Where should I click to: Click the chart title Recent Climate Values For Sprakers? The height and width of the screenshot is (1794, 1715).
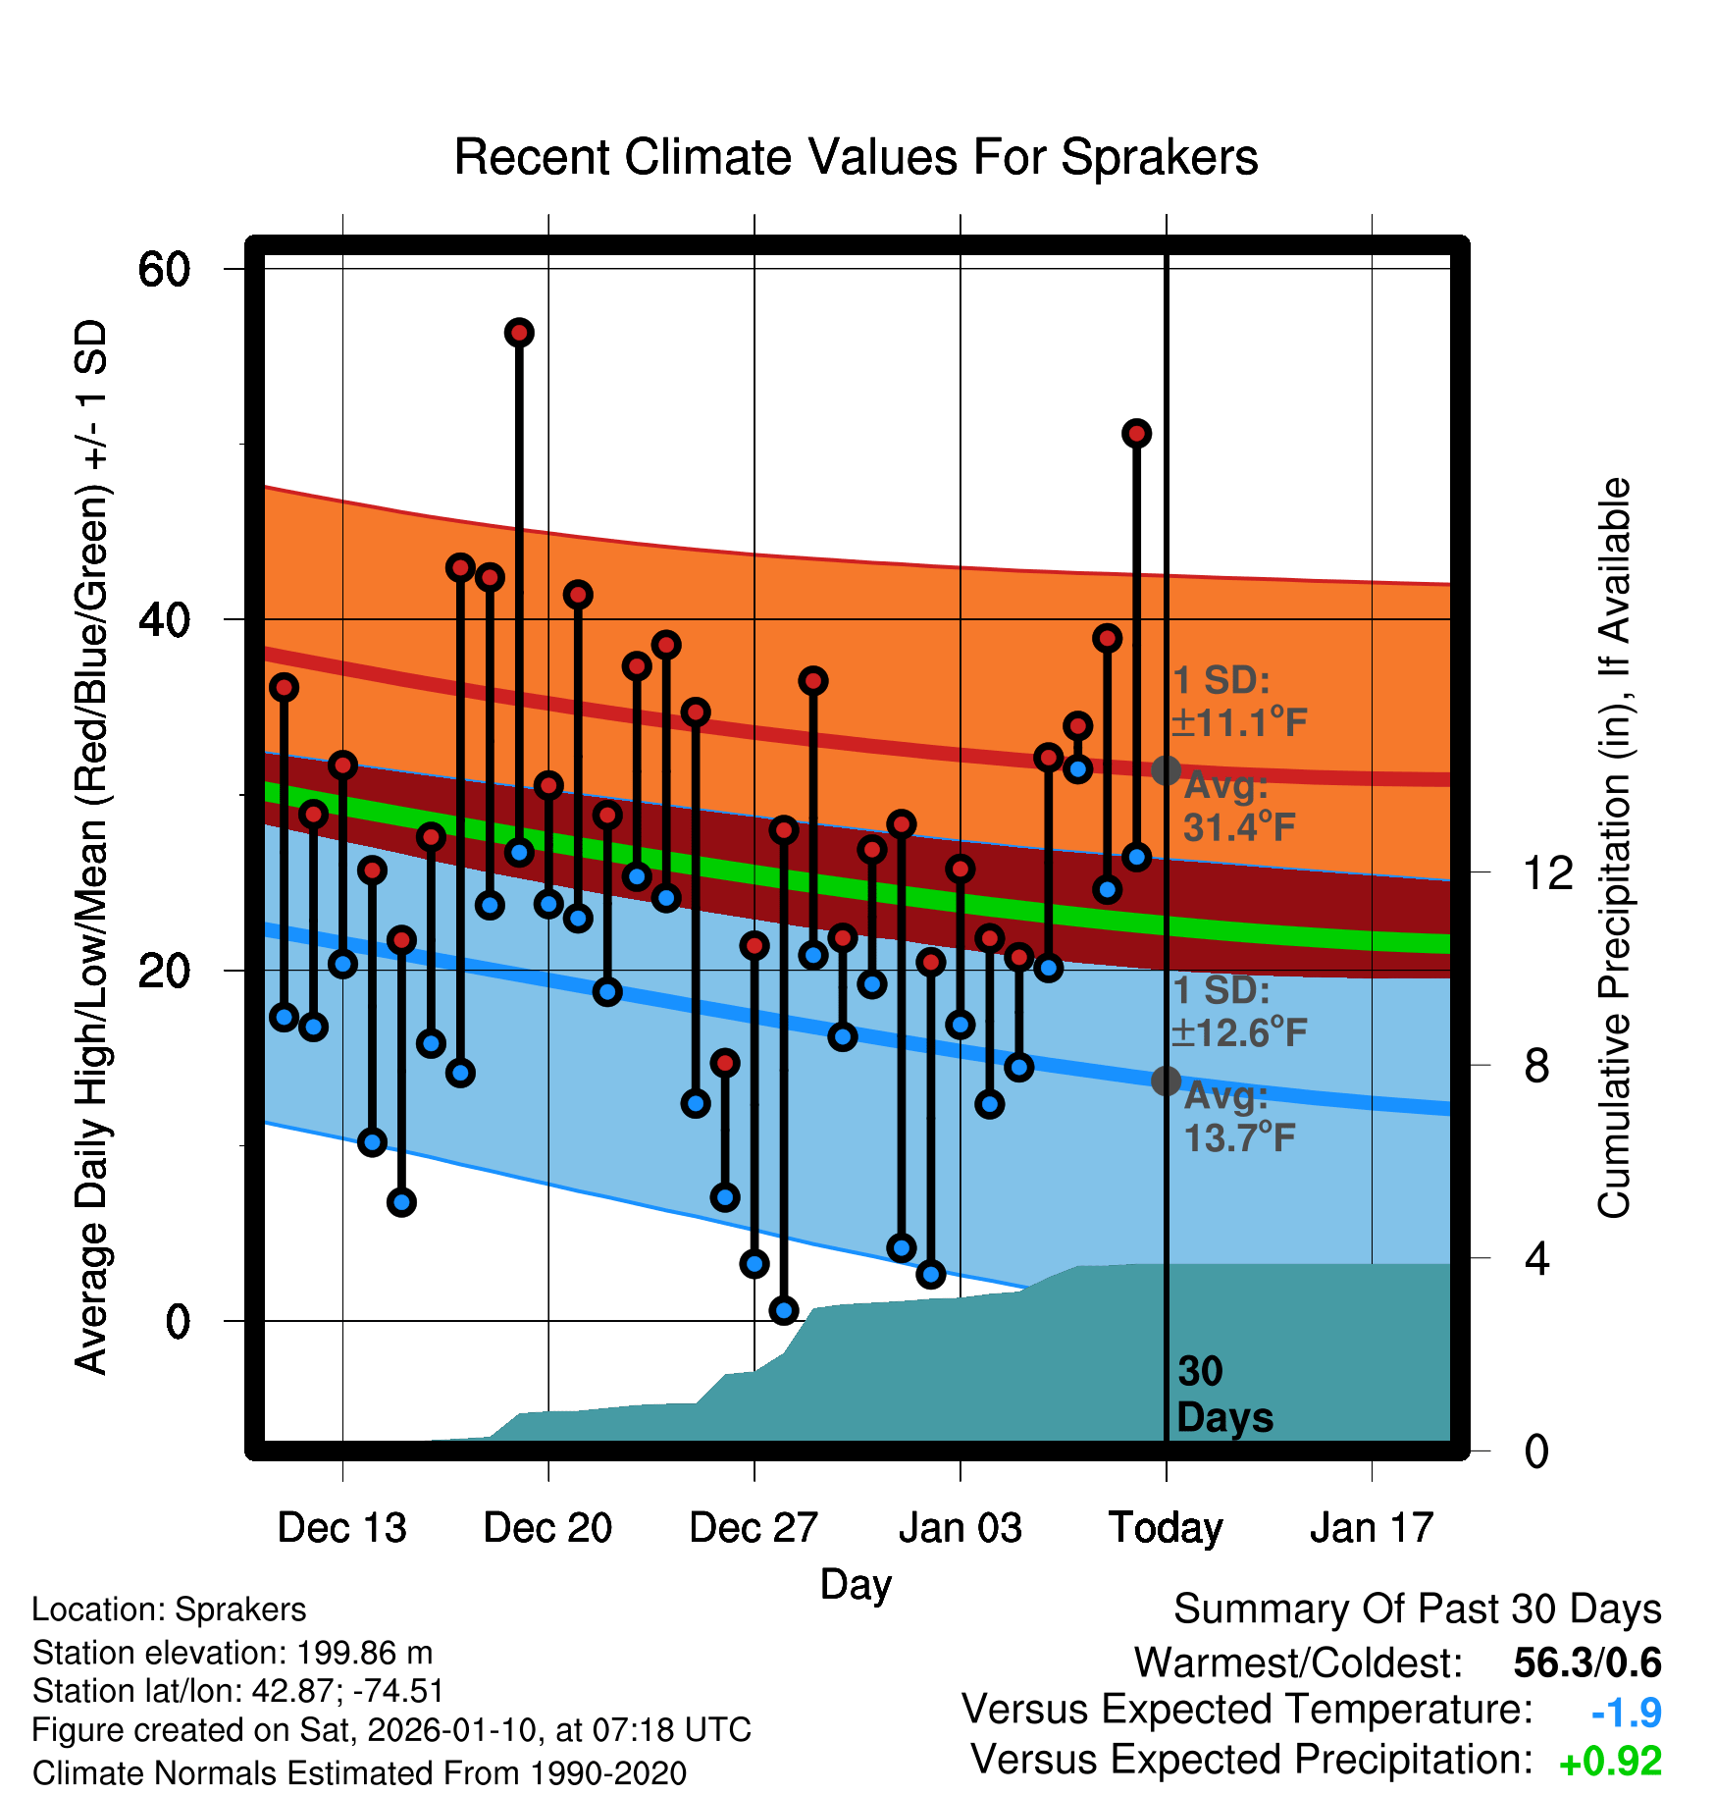[856, 157]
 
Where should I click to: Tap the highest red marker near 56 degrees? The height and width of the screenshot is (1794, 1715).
[519, 333]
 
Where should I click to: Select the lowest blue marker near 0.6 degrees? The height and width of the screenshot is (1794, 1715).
[783, 1309]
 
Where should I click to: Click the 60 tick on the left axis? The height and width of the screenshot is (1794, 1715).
[165, 269]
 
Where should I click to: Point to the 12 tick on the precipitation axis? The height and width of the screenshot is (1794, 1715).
[1548, 872]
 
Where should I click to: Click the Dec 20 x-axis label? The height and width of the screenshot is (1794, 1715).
[547, 1527]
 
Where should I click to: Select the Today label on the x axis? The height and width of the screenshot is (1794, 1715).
[1166, 1527]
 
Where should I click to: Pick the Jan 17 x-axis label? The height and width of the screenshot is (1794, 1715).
[1372, 1527]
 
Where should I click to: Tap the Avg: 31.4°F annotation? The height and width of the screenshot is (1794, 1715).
[1238, 807]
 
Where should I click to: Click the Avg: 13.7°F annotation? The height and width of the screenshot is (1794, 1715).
[1238, 1117]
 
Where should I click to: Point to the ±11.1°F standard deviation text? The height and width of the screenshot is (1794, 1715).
[1238, 722]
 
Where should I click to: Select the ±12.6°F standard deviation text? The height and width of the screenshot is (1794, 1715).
[1238, 1032]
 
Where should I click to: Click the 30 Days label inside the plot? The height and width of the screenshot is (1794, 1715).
[1223, 1395]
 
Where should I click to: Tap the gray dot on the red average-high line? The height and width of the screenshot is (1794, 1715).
[1166, 770]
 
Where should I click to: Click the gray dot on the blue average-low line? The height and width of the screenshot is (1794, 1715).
[1166, 1081]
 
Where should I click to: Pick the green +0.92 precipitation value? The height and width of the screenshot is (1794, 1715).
[1610, 1762]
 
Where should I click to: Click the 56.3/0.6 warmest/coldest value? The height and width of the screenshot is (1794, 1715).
[1586, 1662]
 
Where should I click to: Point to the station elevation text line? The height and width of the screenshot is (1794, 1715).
[233, 1653]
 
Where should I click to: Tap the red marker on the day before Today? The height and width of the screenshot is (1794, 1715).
[1136, 433]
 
